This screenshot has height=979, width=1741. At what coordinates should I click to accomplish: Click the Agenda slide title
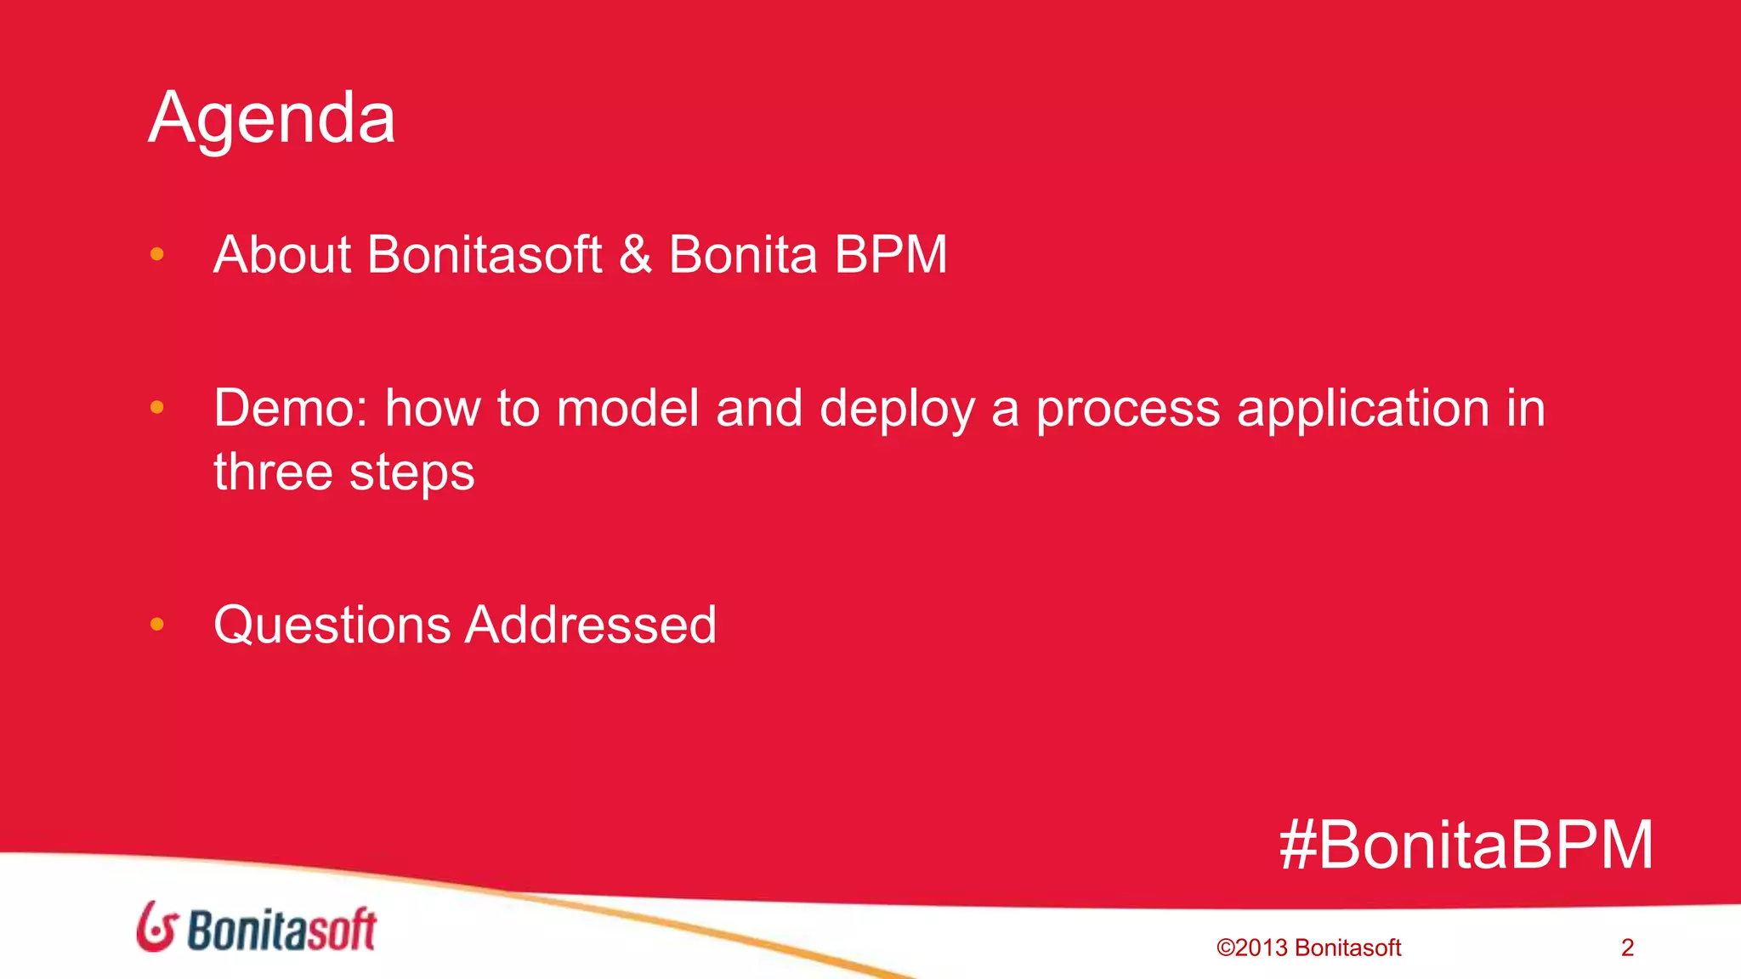click(x=272, y=119)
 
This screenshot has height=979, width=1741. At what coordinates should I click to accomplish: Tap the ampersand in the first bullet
click(x=635, y=255)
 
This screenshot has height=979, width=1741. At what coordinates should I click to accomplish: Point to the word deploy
click(x=897, y=410)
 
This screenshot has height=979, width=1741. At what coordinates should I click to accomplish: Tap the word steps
click(x=411, y=474)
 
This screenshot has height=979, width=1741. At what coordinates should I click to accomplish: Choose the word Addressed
click(x=591, y=625)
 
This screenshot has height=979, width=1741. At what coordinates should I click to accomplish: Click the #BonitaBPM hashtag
click(x=1466, y=846)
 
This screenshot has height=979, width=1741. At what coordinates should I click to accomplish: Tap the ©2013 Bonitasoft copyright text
click(x=1308, y=948)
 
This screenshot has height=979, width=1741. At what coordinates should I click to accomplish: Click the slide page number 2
click(x=1627, y=948)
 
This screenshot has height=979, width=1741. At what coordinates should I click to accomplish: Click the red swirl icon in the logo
click(x=156, y=927)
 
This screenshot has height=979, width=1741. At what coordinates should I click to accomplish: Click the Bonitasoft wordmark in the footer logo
click(x=281, y=930)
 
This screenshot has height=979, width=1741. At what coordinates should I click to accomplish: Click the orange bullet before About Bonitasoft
click(x=156, y=254)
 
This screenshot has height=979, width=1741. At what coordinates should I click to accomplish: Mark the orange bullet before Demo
click(x=156, y=408)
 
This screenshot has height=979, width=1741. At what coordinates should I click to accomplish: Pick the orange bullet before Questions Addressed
click(x=156, y=625)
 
